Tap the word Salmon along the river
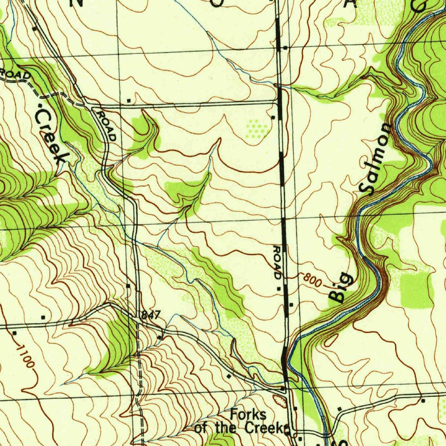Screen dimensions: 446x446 376,159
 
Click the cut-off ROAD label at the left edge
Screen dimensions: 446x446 16,74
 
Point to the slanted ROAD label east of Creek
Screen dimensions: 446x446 107,126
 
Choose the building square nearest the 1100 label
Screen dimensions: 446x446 15,333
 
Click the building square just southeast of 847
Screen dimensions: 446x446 160,337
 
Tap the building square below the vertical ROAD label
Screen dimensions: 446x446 279,288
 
